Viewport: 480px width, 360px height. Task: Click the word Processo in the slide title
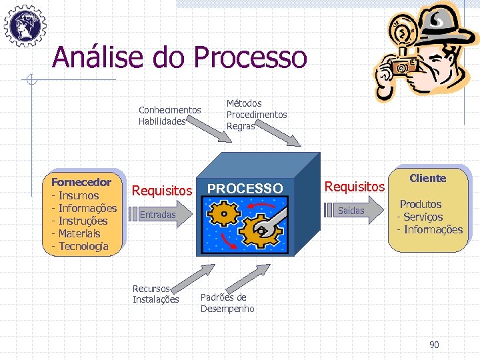251,57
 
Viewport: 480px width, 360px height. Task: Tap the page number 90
434,345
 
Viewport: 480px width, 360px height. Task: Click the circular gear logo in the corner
25,25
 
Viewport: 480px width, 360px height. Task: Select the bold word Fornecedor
81,182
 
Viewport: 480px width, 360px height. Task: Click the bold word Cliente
427,178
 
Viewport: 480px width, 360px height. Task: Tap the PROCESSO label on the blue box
245,189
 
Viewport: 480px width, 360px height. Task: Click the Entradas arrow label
158,215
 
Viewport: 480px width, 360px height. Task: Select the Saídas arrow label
351,211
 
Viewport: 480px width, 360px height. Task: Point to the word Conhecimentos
169,110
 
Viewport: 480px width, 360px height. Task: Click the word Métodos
244,103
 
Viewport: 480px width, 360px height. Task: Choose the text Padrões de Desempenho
227,303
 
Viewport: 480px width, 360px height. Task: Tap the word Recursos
151,289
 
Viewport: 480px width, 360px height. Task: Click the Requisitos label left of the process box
162,191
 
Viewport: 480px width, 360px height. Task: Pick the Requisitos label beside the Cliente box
354,187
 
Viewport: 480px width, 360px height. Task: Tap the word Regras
241,126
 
